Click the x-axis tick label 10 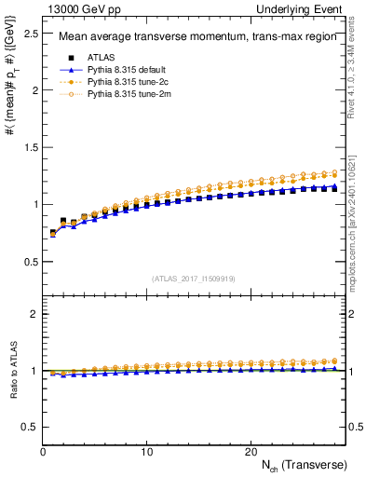click(x=146, y=451)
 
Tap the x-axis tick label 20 click(x=250, y=451)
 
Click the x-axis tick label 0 click(x=43, y=451)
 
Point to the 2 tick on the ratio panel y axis click(x=33, y=314)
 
